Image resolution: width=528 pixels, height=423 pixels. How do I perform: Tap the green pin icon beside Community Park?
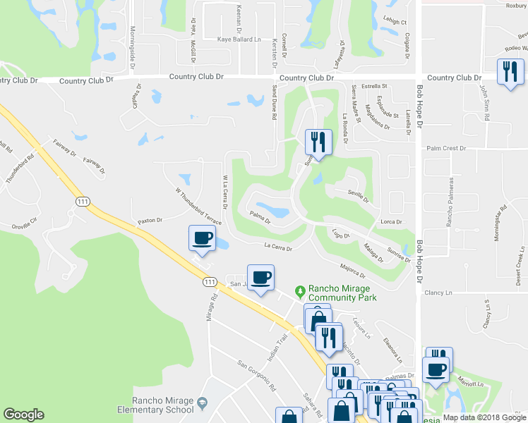click(x=301, y=290)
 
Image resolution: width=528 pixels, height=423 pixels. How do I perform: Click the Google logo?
click(x=23, y=415)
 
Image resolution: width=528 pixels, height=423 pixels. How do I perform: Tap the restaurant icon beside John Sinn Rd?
click(x=510, y=72)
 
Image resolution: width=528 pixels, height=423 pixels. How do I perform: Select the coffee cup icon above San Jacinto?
click(x=260, y=277)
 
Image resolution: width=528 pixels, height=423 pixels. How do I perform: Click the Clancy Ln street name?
click(x=439, y=293)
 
